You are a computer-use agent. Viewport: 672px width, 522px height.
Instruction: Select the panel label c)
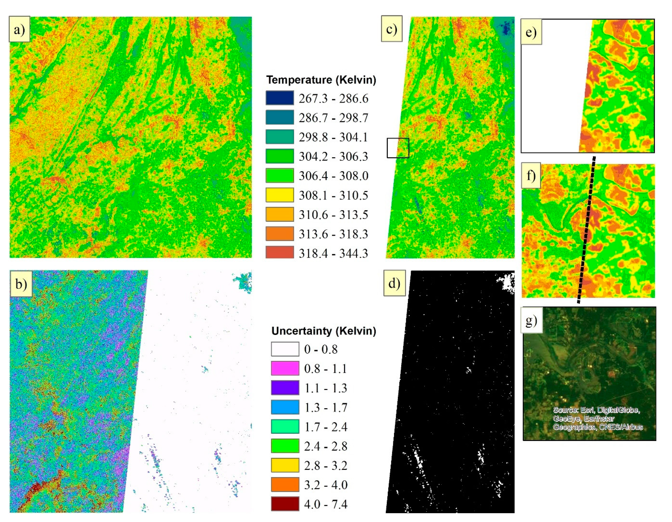coord(391,29)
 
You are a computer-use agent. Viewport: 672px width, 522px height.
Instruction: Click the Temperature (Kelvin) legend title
coord(321,80)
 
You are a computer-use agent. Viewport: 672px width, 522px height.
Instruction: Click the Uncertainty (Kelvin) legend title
coord(323,331)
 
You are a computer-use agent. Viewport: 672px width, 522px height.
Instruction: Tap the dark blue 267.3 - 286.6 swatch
coord(279,98)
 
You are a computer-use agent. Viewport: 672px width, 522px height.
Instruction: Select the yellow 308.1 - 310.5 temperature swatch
coord(279,195)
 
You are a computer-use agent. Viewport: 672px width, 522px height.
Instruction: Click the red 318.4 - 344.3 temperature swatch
coord(279,253)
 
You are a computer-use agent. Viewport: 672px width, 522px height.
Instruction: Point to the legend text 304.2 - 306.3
coord(333,156)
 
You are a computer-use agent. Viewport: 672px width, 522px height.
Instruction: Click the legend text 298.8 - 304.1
coord(333,137)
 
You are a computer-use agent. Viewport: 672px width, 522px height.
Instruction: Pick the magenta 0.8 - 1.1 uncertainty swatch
coord(285,368)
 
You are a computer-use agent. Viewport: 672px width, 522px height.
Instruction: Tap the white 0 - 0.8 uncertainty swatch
coord(285,349)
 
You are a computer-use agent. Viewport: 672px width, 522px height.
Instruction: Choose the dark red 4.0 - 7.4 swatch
coord(285,504)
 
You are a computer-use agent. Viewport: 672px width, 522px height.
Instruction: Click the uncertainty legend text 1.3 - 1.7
coord(325,407)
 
